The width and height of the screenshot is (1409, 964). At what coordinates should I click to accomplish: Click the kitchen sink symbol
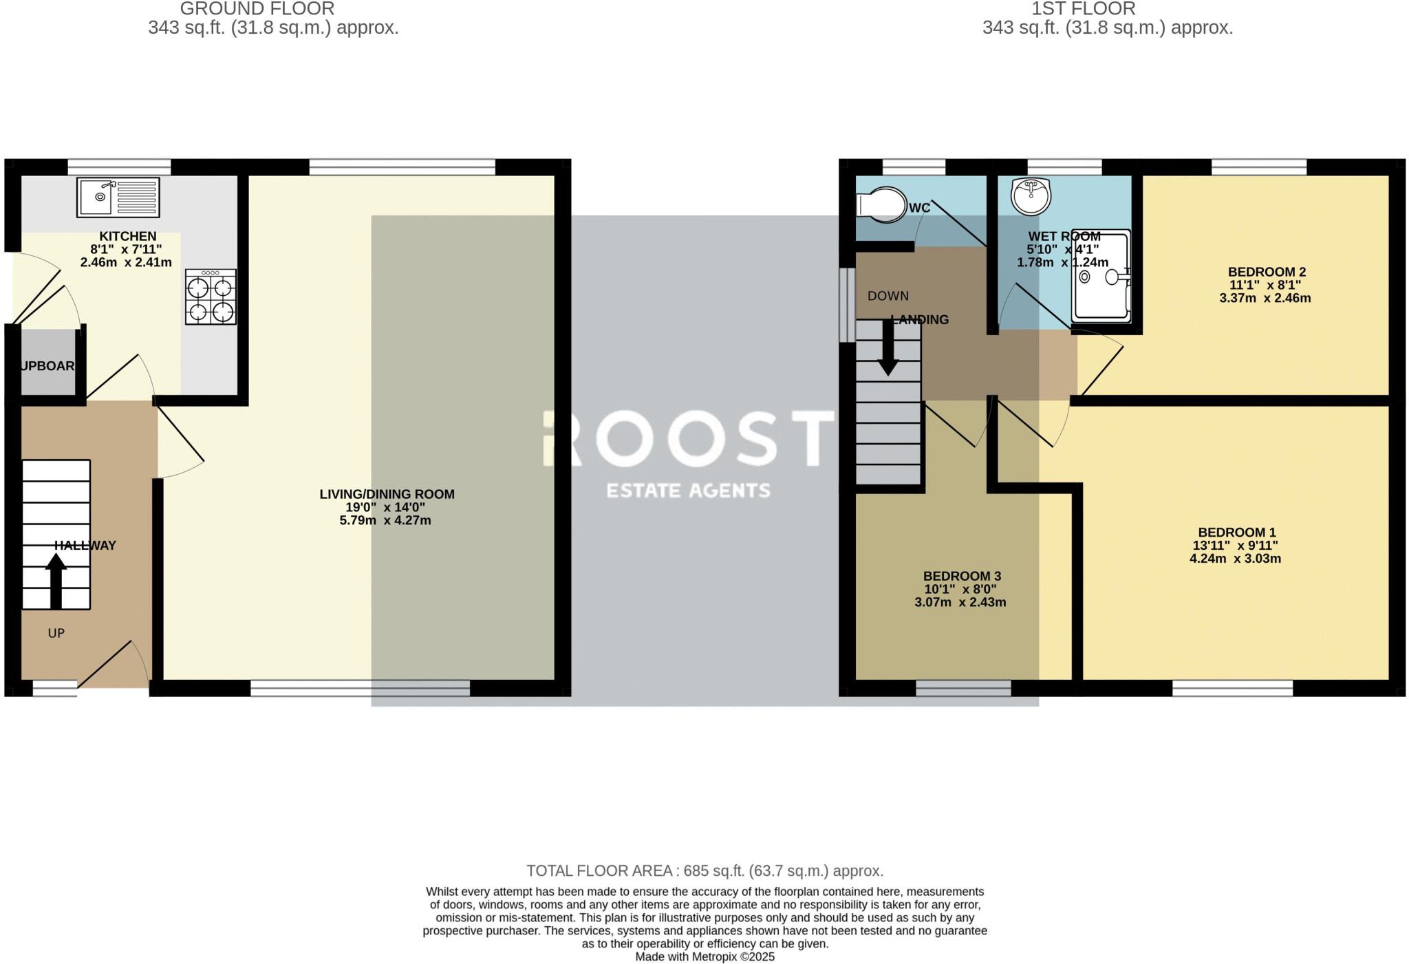(x=118, y=197)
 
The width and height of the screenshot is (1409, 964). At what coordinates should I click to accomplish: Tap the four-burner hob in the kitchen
(x=211, y=297)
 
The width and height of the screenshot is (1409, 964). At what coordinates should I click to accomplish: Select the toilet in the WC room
(x=881, y=204)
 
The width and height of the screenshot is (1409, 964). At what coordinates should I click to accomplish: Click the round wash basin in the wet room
(x=1031, y=195)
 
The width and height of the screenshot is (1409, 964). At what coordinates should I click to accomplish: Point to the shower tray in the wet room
(x=1101, y=276)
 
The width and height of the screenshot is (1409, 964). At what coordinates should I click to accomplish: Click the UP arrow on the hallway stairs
(x=56, y=581)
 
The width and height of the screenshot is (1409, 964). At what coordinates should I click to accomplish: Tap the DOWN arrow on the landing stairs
(x=888, y=348)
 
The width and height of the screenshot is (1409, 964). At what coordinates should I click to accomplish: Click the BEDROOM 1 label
(x=1236, y=532)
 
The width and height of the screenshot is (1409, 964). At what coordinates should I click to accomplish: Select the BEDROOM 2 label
(x=1266, y=272)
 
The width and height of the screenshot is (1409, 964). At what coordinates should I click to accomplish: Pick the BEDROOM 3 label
(x=961, y=576)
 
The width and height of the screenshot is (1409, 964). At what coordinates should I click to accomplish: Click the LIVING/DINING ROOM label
(x=387, y=494)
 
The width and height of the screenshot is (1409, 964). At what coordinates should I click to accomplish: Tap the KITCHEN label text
(x=128, y=236)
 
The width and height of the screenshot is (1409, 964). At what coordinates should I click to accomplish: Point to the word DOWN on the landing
(x=888, y=296)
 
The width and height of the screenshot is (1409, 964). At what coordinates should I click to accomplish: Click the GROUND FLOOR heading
(x=257, y=9)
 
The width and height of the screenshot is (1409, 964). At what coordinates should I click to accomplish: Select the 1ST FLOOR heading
(x=1083, y=9)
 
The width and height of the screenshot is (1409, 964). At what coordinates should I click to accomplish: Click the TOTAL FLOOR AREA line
(x=704, y=870)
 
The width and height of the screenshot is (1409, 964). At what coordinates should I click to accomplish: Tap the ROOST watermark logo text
(x=688, y=438)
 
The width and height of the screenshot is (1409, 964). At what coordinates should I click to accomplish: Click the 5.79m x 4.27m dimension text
(x=385, y=520)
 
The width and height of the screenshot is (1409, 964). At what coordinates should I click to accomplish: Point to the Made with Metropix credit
(x=704, y=956)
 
